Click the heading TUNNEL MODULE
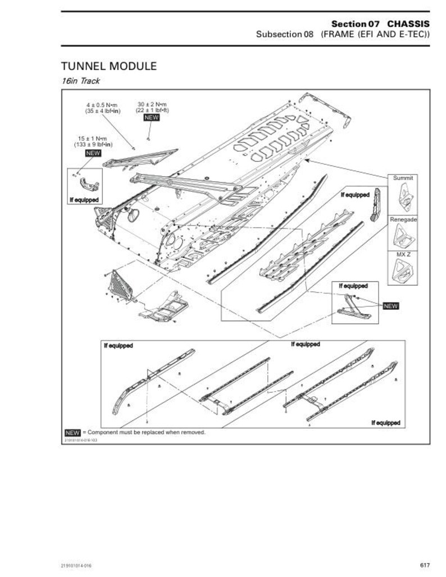[109, 66]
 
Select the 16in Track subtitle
[80, 81]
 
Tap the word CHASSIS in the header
[409, 24]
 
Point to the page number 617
[425, 565]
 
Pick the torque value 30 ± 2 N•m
[152, 104]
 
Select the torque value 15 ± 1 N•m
[93, 139]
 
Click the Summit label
[403, 178]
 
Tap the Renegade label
[403, 219]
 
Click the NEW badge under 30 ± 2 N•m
[152, 118]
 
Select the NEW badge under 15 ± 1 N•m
[93, 153]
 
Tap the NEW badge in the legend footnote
[72, 433]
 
